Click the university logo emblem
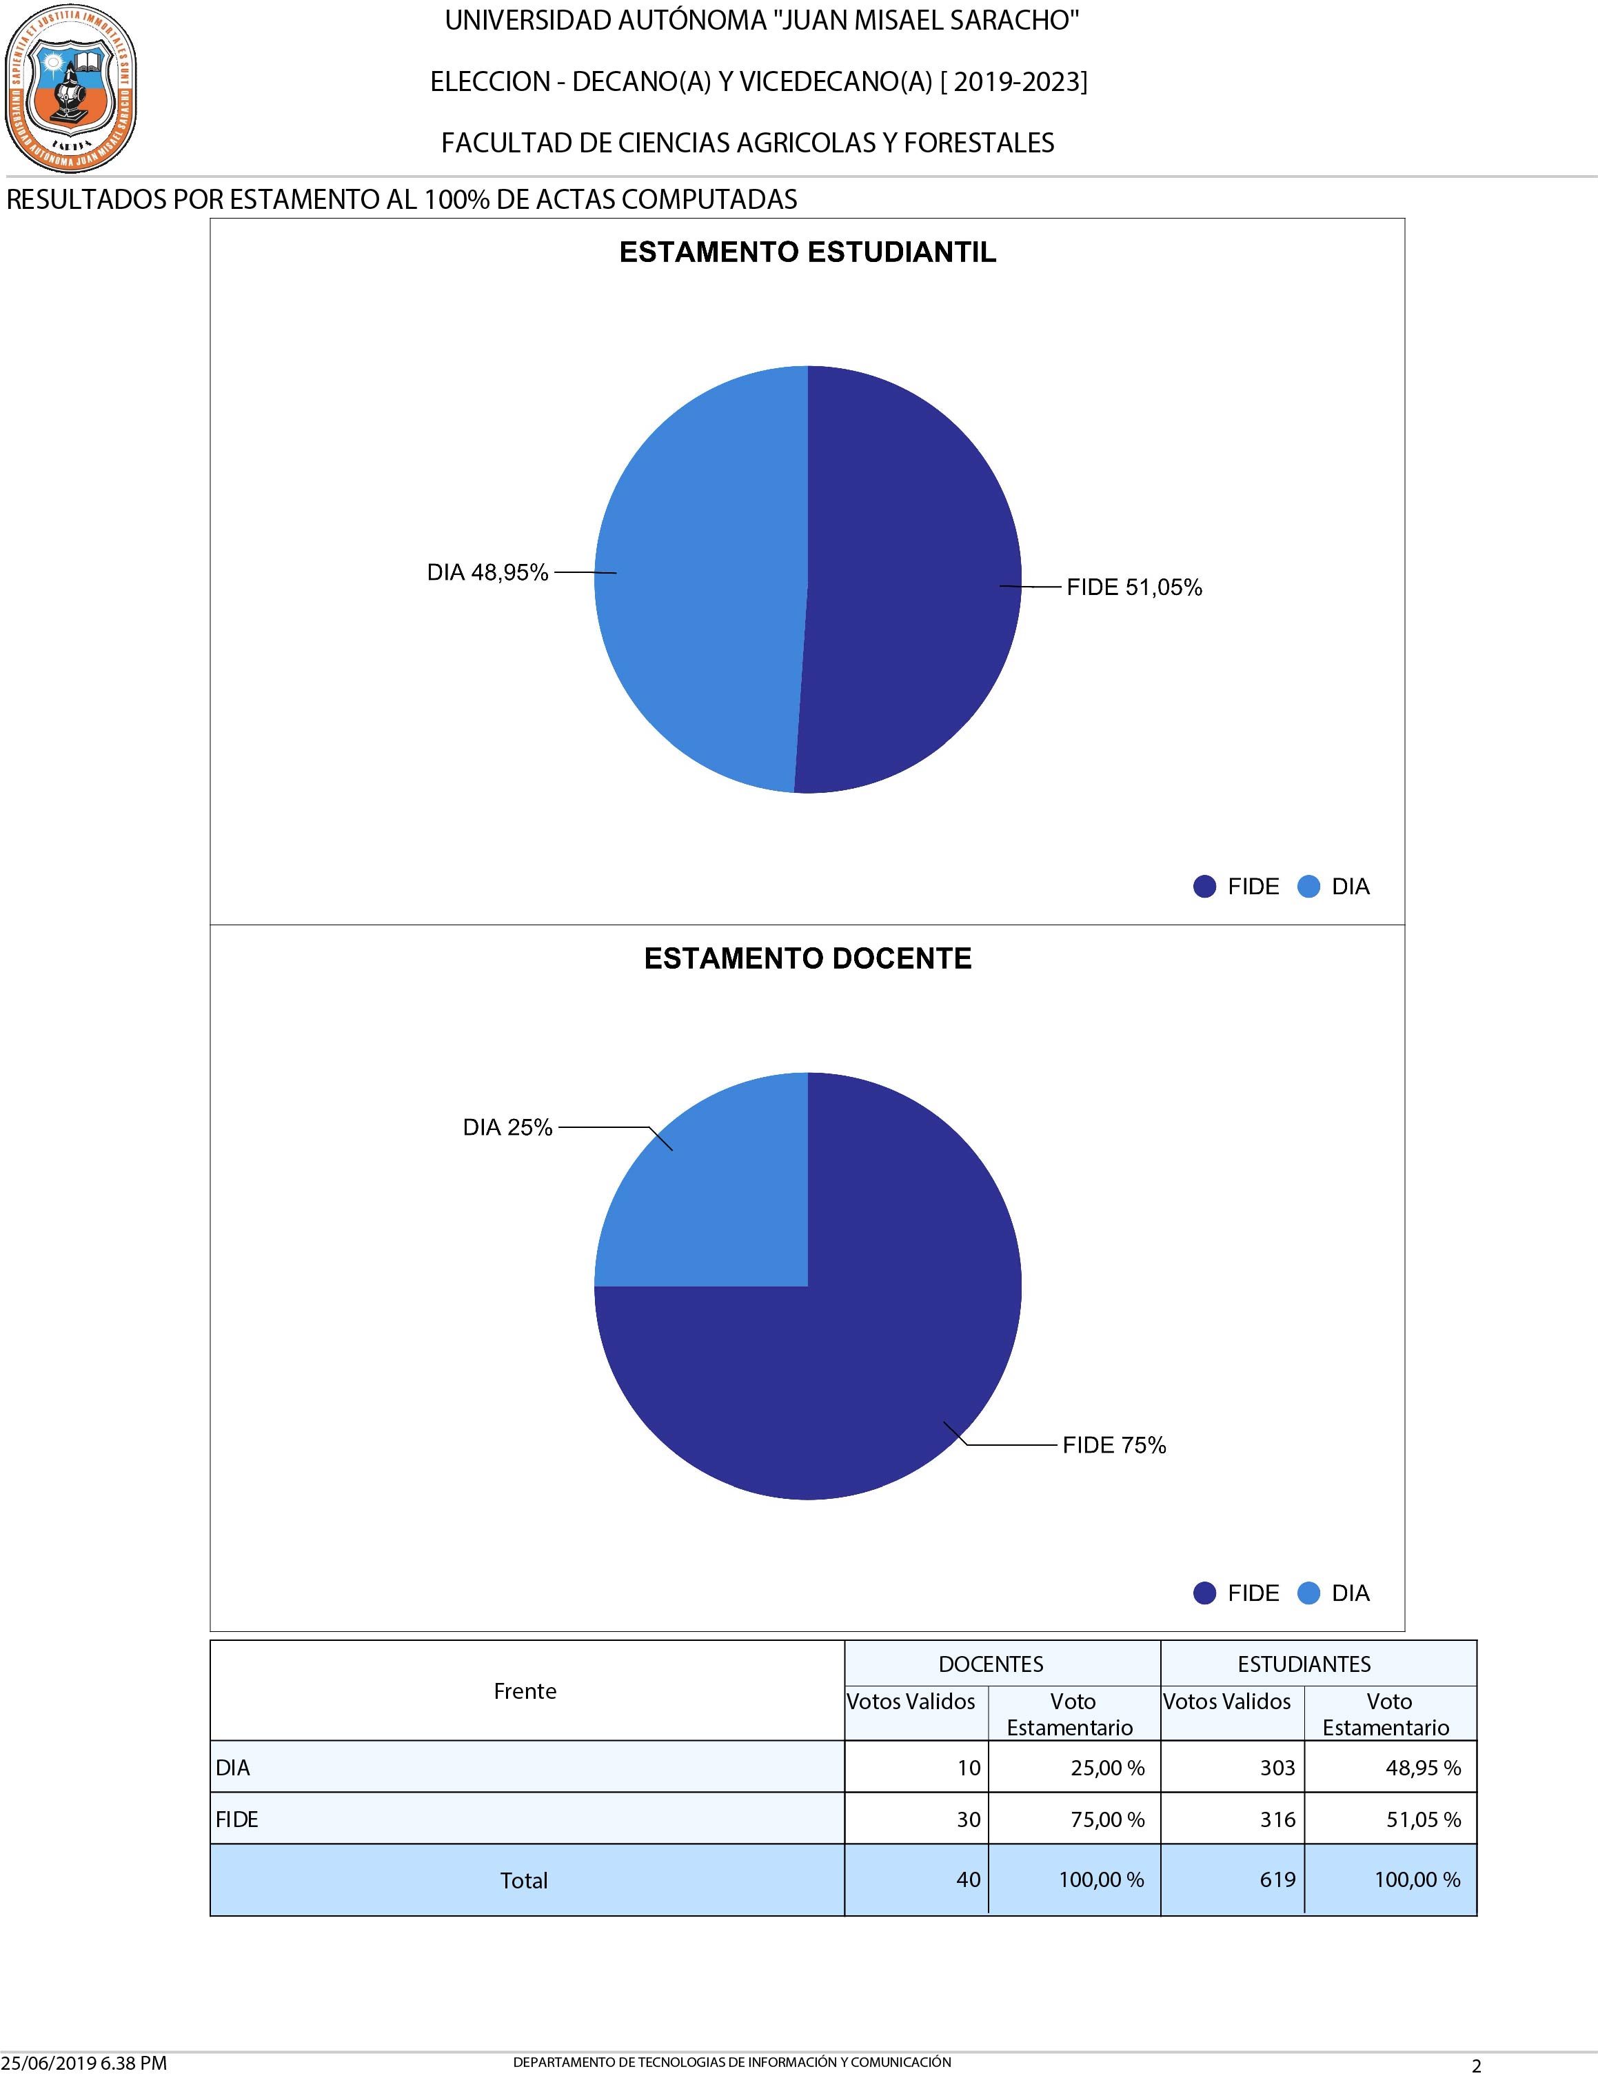70,88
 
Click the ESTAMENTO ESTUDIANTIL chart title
807,252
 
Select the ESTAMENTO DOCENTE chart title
807,958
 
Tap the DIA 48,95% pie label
487,572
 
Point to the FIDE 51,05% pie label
1134,587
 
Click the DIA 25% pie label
507,1127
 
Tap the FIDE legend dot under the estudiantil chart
1204,887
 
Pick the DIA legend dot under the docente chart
1309,1593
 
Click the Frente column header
525,1691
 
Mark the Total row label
524,1880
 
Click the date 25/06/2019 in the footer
48,2063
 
